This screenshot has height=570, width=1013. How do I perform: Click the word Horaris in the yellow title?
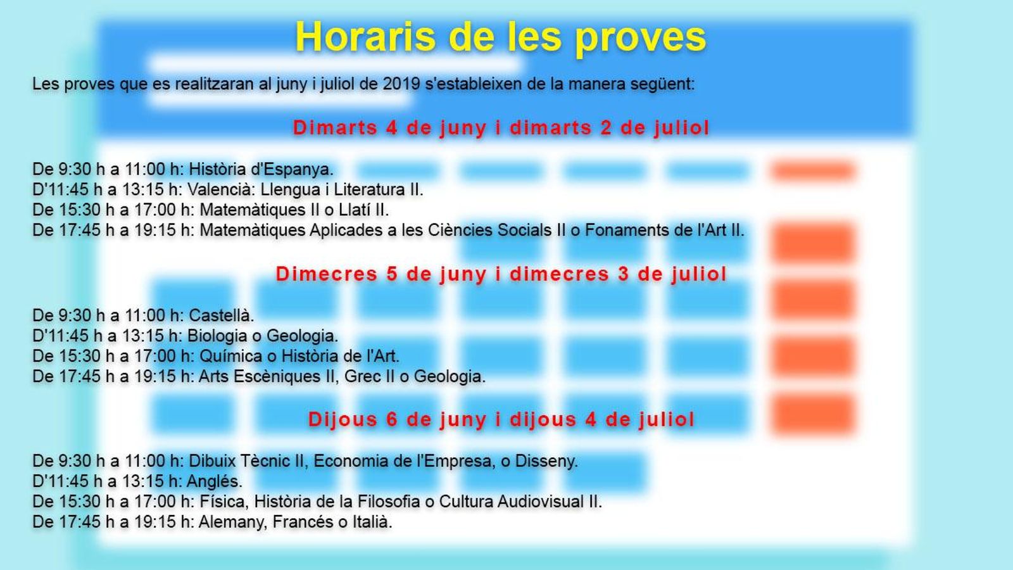point(365,37)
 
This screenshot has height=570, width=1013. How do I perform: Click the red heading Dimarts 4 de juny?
point(501,127)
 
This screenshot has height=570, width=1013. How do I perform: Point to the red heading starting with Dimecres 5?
point(501,274)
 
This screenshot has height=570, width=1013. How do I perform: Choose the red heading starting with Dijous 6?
point(501,419)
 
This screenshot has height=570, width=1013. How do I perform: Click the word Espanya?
point(298,170)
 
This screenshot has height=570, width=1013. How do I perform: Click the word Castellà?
point(221,315)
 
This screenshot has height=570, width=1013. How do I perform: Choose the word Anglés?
point(215,481)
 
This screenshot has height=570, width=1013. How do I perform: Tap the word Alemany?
point(229,522)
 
